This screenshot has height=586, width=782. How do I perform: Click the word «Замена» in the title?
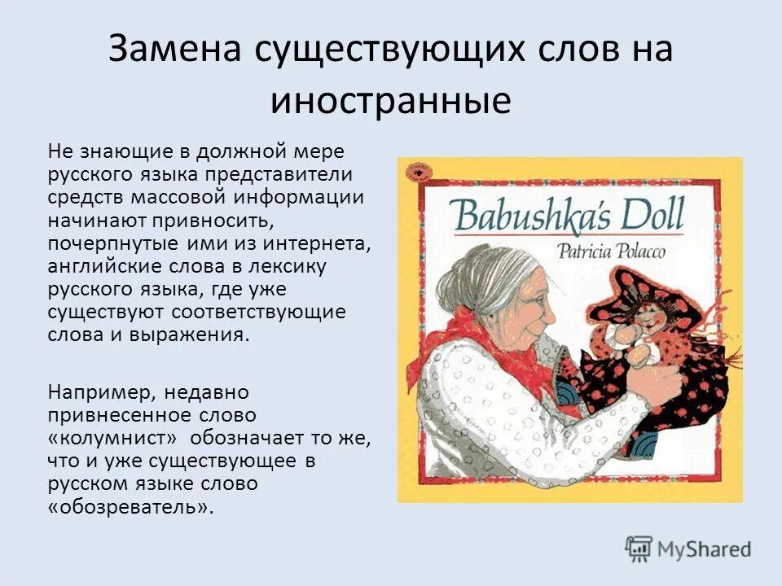coord(171,50)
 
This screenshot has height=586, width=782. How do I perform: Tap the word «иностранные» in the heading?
coord(391,101)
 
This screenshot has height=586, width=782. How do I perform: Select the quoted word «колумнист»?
coord(119,439)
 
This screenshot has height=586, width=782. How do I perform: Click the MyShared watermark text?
coord(704,549)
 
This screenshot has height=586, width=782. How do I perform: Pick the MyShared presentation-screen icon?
coord(639,548)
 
